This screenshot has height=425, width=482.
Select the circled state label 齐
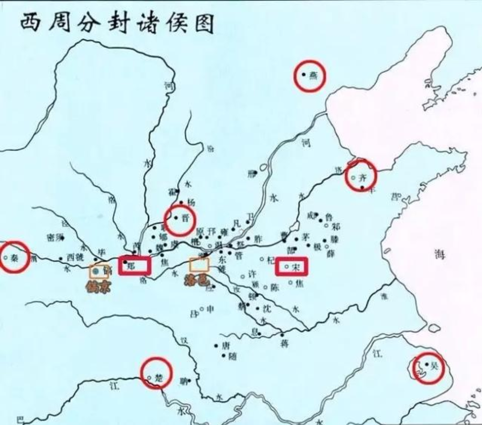[x=361, y=177]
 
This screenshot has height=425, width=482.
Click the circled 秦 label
[x=14, y=257]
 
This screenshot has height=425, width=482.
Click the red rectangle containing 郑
[x=135, y=265]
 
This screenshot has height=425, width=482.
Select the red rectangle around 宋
[x=292, y=267]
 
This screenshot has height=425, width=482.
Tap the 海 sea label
[x=440, y=255]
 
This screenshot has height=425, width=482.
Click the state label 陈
[x=275, y=287]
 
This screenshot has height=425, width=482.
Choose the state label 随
[x=232, y=356]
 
